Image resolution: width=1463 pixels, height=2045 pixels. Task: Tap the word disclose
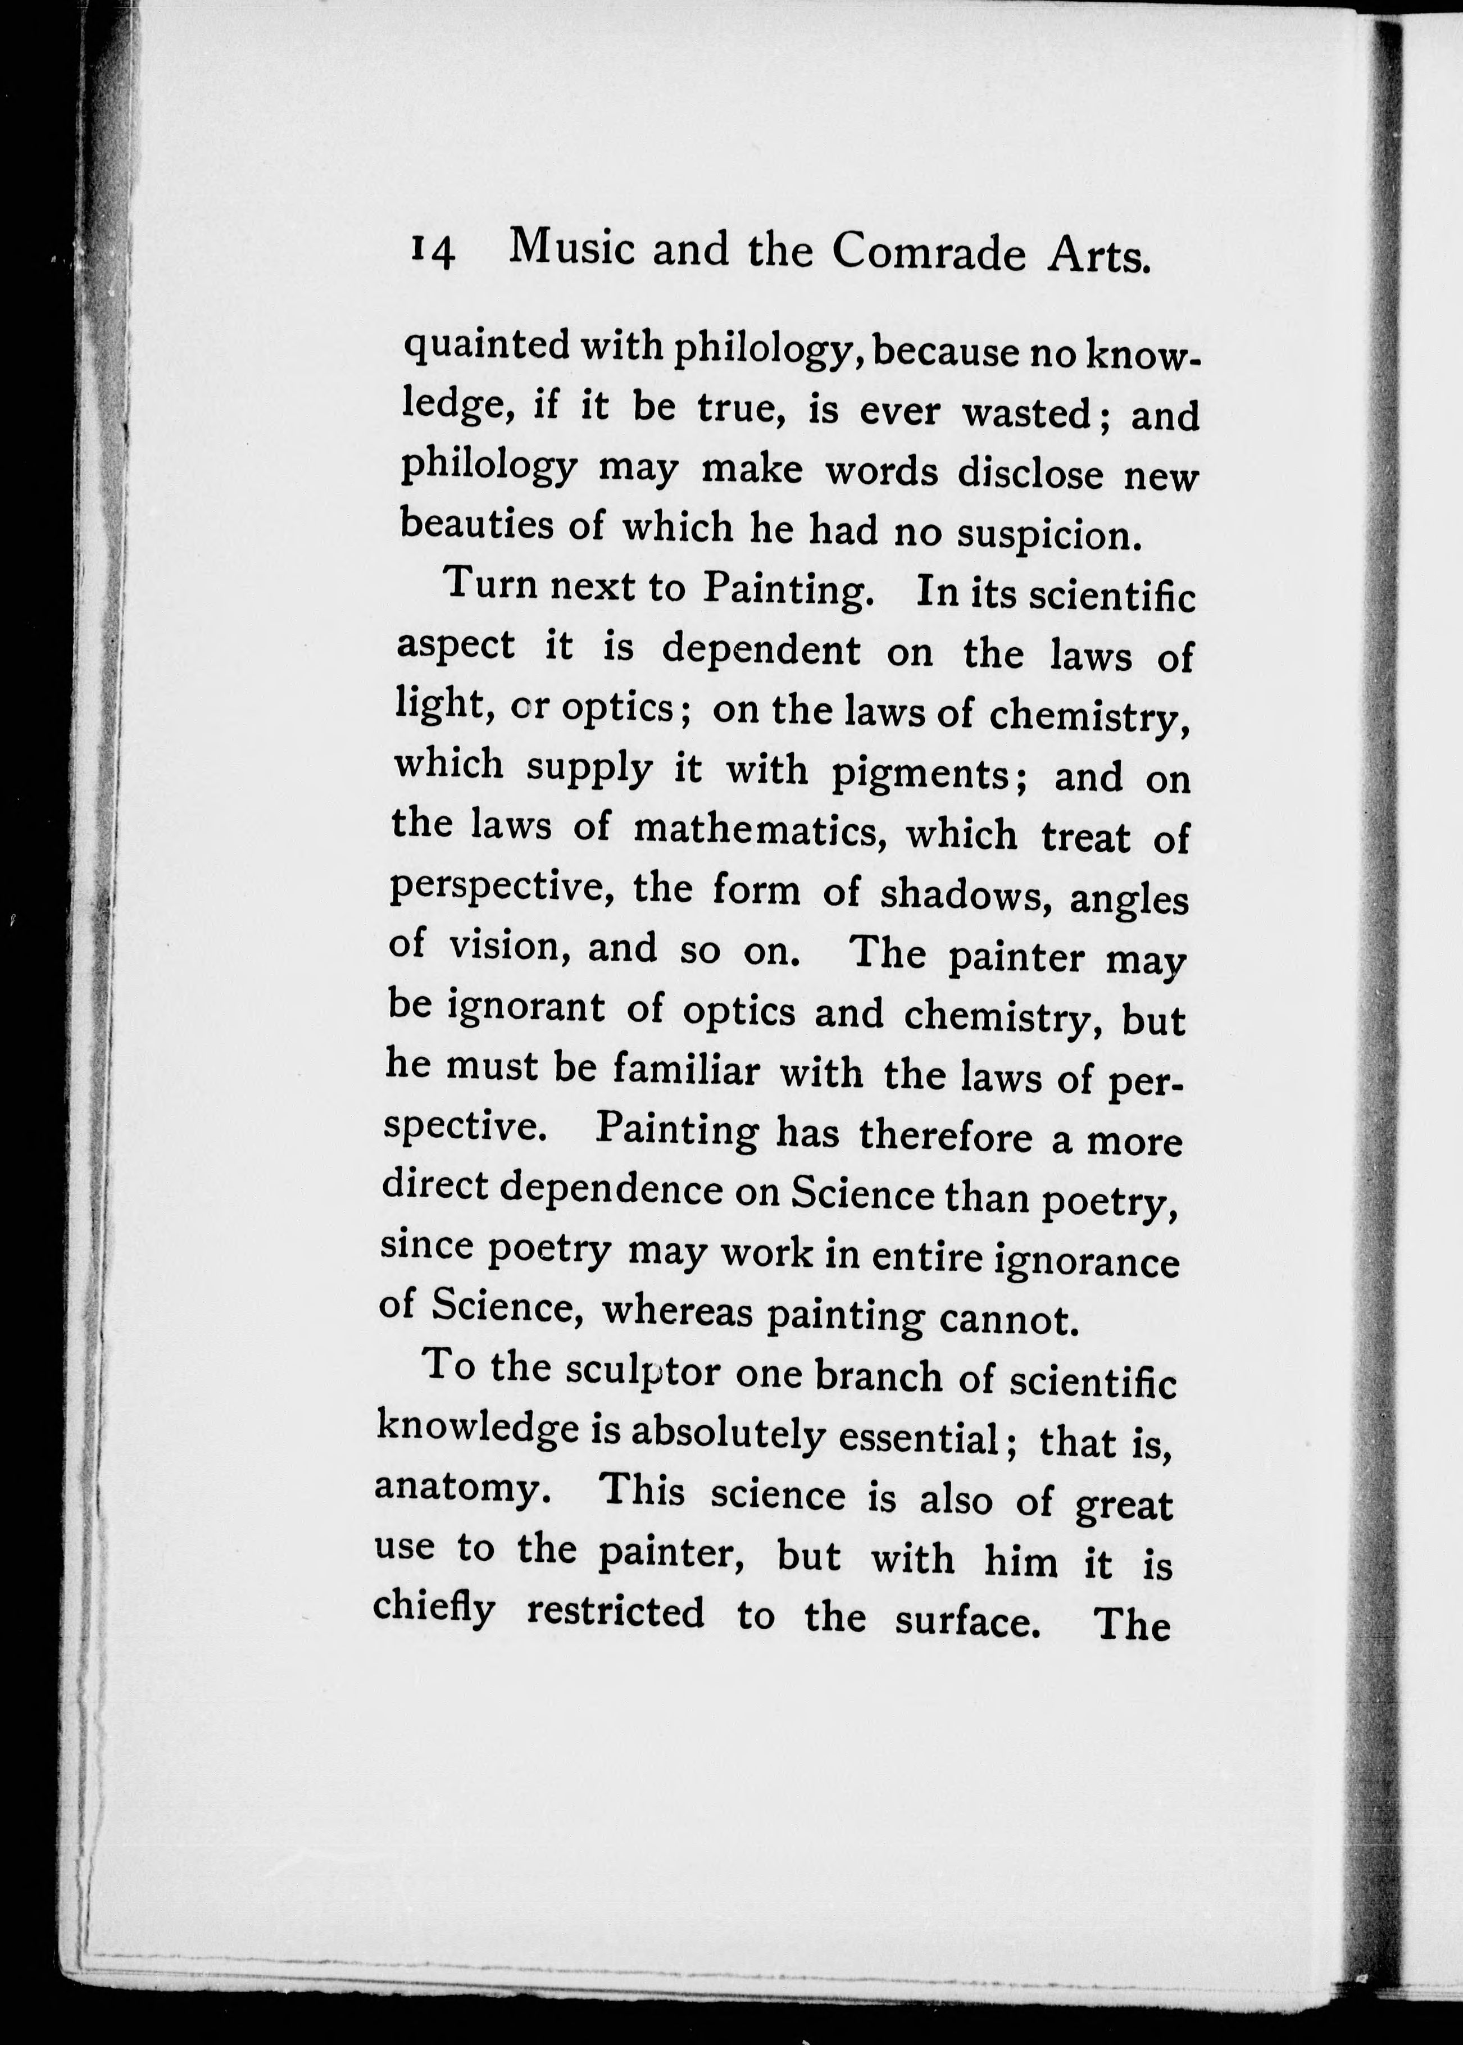pyautogui.click(x=1030, y=472)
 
